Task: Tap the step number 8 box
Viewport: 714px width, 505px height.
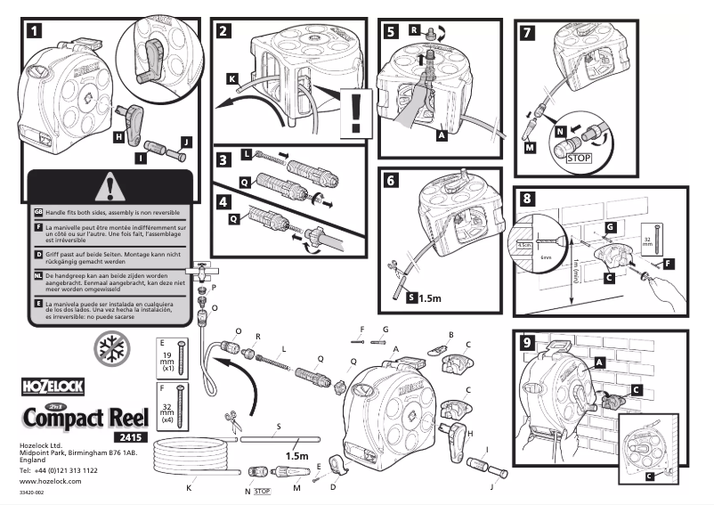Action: pos(528,200)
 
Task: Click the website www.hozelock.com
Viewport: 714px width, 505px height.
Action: pos(50,481)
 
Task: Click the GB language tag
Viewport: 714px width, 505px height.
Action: pos(38,212)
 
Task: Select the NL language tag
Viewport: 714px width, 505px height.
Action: pos(38,278)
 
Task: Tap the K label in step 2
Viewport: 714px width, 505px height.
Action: pos(231,79)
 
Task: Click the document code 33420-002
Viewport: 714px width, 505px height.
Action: pos(32,493)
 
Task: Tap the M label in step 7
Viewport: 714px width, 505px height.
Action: pos(531,149)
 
